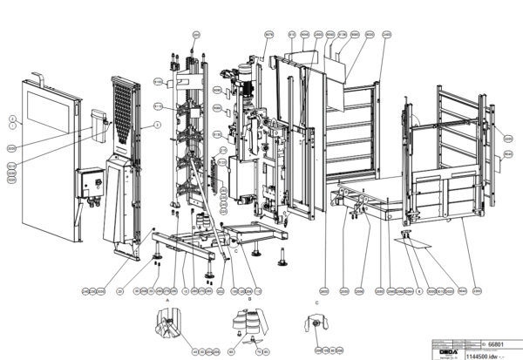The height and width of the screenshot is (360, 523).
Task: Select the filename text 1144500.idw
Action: [479, 354]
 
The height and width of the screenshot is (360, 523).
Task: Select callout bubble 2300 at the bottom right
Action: [478, 290]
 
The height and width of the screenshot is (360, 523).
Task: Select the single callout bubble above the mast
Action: [196, 33]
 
